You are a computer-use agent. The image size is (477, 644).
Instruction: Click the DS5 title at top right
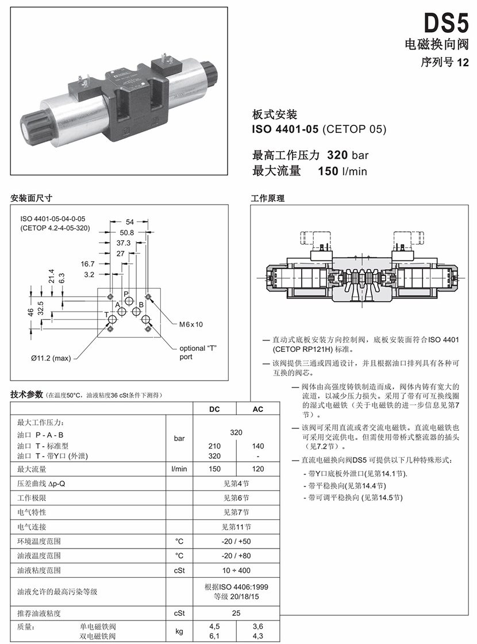[x=447, y=24]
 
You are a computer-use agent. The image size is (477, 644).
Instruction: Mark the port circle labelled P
[x=130, y=302]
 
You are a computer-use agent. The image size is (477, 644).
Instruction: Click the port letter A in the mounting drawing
[x=117, y=304]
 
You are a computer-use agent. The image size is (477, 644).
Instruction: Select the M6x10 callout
[x=191, y=324]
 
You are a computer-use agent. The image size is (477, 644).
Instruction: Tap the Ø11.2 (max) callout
[x=51, y=358]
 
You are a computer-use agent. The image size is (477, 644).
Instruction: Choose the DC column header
[x=214, y=409]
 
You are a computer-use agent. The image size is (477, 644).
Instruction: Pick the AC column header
[x=258, y=409]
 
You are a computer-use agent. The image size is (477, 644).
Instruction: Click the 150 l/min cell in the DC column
[x=214, y=469]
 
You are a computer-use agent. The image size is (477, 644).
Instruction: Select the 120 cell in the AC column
[x=258, y=469]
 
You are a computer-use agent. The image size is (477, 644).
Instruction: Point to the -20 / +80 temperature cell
[x=236, y=555]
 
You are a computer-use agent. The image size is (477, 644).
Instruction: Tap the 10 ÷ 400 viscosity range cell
[x=236, y=570]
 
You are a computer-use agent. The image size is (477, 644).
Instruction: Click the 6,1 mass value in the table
[x=214, y=636]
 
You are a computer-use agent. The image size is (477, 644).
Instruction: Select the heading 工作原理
[x=268, y=198]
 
